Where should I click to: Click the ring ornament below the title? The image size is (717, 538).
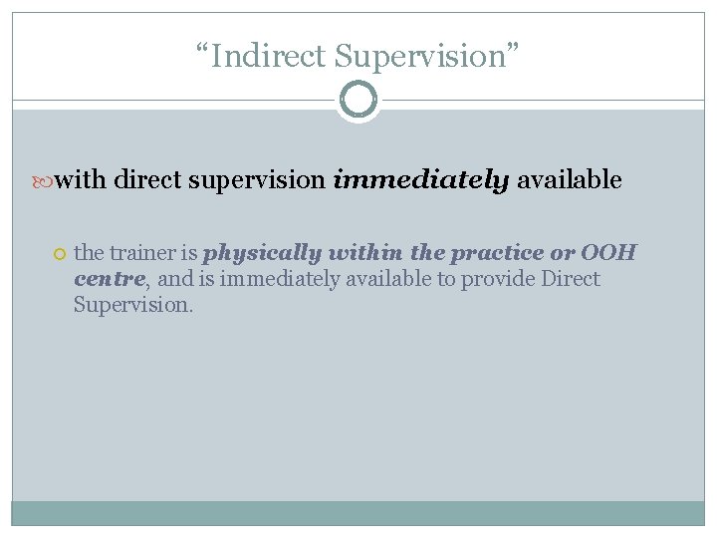(x=358, y=100)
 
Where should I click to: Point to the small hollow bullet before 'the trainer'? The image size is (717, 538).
(x=60, y=254)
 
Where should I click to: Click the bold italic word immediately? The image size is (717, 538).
(x=421, y=180)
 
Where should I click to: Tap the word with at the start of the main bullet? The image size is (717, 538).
(x=82, y=180)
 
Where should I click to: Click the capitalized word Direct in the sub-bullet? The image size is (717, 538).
(x=571, y=279)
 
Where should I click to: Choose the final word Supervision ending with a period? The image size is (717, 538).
(x=133, y=305)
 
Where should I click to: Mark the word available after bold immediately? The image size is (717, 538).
(x=569, y=180)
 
